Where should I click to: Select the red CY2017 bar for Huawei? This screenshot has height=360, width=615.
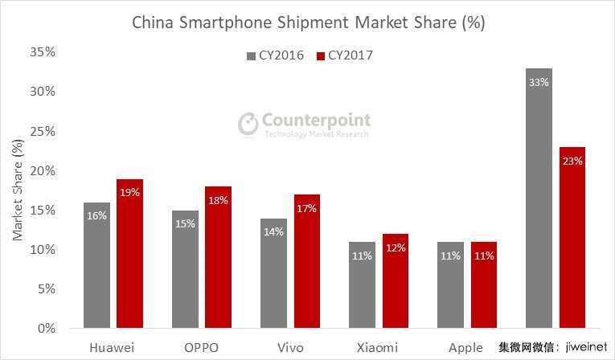pos(129,254)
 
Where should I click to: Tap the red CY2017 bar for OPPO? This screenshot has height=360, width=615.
pos(217,257)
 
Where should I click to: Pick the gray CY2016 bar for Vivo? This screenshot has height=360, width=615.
pos(273,273)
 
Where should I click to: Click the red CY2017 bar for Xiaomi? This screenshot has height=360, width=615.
pos(395,281)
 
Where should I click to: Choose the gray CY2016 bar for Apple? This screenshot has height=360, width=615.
pos(450,285)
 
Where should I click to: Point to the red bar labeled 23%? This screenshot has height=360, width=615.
pos(572,238)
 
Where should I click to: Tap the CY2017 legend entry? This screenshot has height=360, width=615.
pos(346,55)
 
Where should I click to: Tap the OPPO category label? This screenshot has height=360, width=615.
pos(200,347)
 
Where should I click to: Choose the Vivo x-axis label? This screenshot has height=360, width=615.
pos(289,347)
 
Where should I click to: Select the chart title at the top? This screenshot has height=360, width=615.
pos(308,22)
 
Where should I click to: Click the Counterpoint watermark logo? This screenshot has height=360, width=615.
pos(305,124)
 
